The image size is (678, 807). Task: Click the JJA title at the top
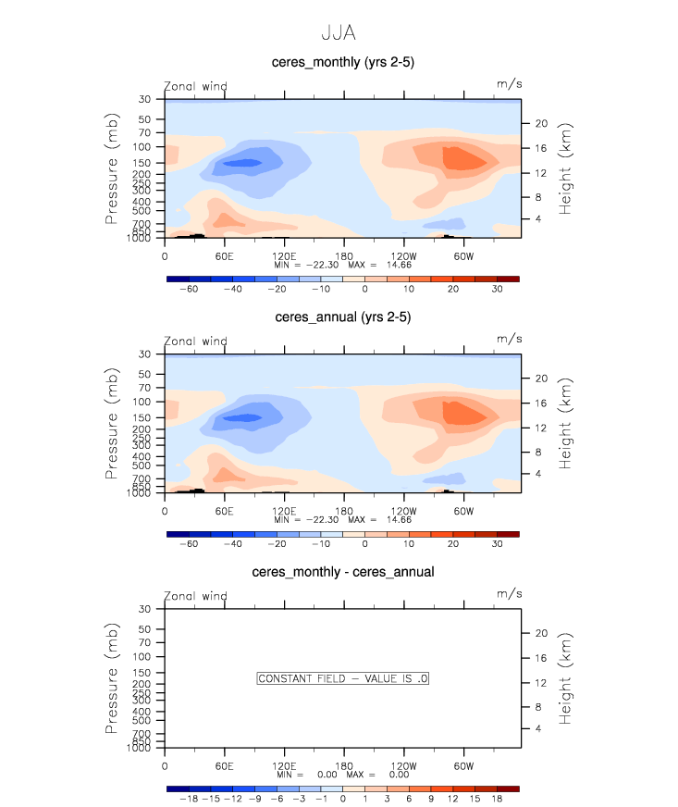(x=338, y=32)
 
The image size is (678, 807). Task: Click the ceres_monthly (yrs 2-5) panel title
(x=342, y=62)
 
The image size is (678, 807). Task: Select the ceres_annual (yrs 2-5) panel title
(x=342, y=317)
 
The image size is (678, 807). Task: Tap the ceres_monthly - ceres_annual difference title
(x=342, y=572)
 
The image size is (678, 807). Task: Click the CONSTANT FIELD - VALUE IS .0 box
(x=342, y=678)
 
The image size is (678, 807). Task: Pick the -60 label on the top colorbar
(x=189, y=290)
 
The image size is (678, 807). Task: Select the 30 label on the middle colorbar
(x=496, y=545)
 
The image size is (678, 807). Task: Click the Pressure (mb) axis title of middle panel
(x=113, y=423)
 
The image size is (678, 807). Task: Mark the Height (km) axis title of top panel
(x=566, y=168)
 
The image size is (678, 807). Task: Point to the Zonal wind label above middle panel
(x=195, y=341)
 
